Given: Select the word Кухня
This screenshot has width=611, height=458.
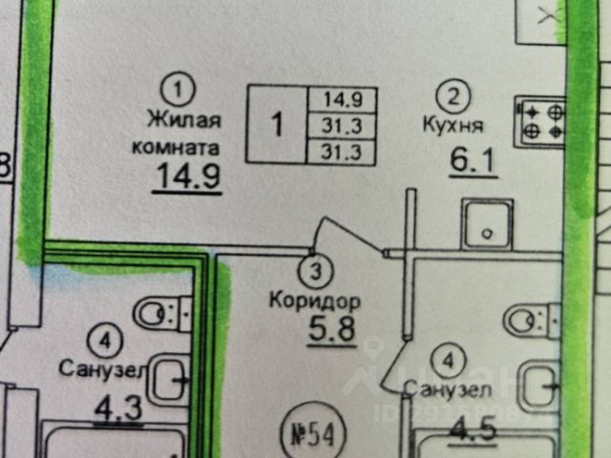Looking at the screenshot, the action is (x=452, y=124).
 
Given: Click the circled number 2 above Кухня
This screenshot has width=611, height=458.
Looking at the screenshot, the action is (x=452, y=95).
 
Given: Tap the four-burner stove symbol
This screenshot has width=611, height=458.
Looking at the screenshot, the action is (x=539, y=122).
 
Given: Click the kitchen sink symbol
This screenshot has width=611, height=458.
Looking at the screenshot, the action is (x=488, y=225).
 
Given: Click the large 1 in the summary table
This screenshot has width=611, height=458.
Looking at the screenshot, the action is (x=277, y=124).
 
